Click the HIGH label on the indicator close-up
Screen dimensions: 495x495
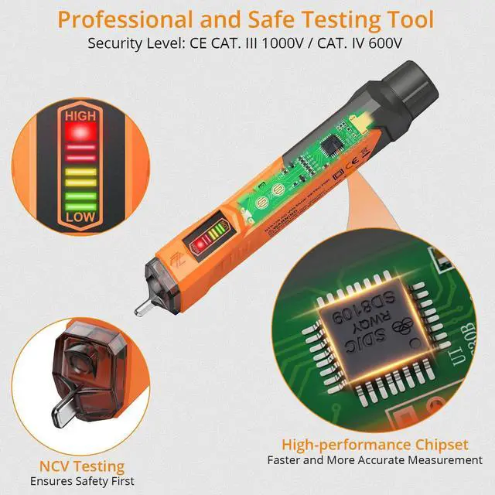point(80,116)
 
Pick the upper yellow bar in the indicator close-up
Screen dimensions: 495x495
point(80,165)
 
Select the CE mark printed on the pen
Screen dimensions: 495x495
point(346,163)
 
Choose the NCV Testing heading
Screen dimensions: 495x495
point(82,466)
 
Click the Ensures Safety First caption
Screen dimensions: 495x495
point(82,481)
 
